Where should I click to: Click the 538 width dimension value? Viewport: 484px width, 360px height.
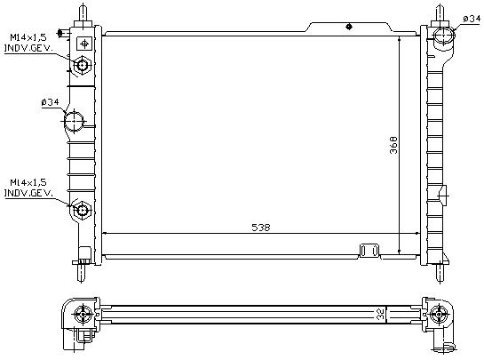[261, 228]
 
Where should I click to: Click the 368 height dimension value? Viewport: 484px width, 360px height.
[393, 145]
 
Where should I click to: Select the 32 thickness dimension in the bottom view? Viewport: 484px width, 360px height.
[381, 315]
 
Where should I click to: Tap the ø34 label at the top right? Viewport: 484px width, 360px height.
[472, 20]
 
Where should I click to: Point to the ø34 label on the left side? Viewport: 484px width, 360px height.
[50, 102]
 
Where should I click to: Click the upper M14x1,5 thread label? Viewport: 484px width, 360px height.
[28, 37]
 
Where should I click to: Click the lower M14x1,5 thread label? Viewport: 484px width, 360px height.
[28, 182]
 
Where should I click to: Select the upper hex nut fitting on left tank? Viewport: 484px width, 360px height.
[82, 65]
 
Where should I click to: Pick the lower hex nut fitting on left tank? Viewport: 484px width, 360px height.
[82, 210]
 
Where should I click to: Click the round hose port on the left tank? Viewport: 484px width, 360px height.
[74, 121]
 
